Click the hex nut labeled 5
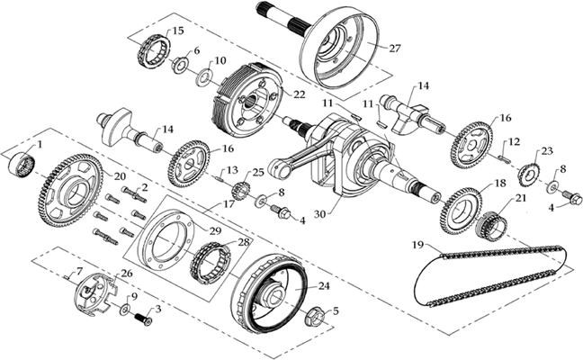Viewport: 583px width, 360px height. (316, 316)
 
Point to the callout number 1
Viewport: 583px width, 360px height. (39, 144)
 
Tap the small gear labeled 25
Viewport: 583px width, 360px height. (240, 191)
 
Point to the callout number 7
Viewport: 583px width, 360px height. (79, 271)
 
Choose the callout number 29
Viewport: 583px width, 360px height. (215, 231)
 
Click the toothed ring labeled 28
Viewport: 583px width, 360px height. (210, 262)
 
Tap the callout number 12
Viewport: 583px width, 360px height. (515, 142)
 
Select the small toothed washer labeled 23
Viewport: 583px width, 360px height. (530, 171)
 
